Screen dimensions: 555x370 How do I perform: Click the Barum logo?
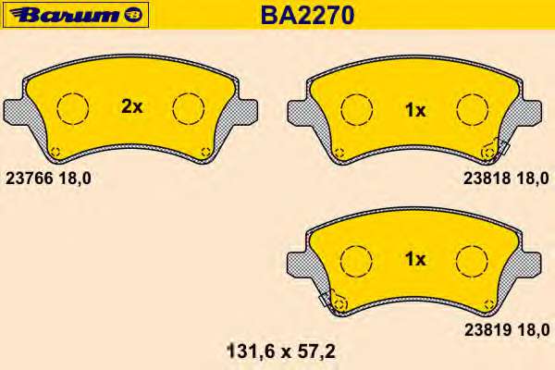pyautogui.click(x=75, y=15)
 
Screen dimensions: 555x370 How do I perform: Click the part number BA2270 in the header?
pyautogui.click(x=307, y=15)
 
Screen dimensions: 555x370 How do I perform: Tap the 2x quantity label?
pyautogui.click(x=131, y=106)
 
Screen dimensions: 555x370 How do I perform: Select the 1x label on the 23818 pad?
pyautogui.click(x=415, y=110)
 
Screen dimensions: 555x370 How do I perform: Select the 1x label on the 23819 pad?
pyautogui.click(x=415, y=259)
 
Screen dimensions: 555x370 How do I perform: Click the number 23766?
pyautogui.click(x=30, y=179)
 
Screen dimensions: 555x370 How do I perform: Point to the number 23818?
pyautogui.click(x=487, y=179)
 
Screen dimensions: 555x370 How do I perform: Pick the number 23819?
pyautogui.click(x=487, y=330)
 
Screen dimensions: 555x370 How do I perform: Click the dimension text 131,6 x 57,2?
pyautogui.click(x=281, y=351)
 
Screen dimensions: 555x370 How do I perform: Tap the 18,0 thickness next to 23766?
pyautogui.click(x=75, y=179)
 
